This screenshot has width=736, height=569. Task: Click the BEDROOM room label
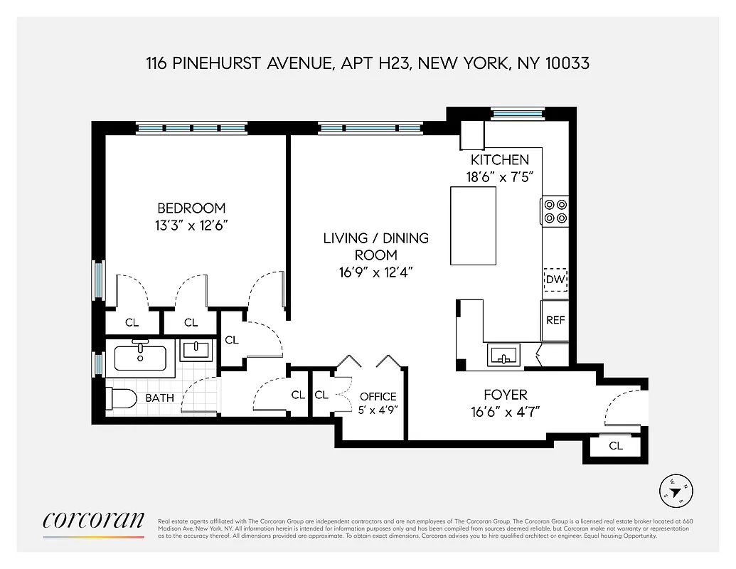191,208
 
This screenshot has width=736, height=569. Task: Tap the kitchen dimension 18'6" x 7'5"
500,177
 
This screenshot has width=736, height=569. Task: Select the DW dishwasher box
555,280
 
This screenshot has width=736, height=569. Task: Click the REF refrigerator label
555,320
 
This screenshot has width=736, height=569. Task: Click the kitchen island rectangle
474,225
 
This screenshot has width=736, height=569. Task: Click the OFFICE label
378,396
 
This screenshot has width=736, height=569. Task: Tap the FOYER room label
505,394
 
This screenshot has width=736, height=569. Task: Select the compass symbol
677,490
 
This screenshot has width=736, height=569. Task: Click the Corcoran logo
94,521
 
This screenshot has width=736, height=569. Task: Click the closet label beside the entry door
616,446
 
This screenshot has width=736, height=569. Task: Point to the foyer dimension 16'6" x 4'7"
505,411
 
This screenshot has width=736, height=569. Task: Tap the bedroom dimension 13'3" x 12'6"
191,225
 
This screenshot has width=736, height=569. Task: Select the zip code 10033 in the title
567,63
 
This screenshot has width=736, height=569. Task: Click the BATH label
159,398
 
